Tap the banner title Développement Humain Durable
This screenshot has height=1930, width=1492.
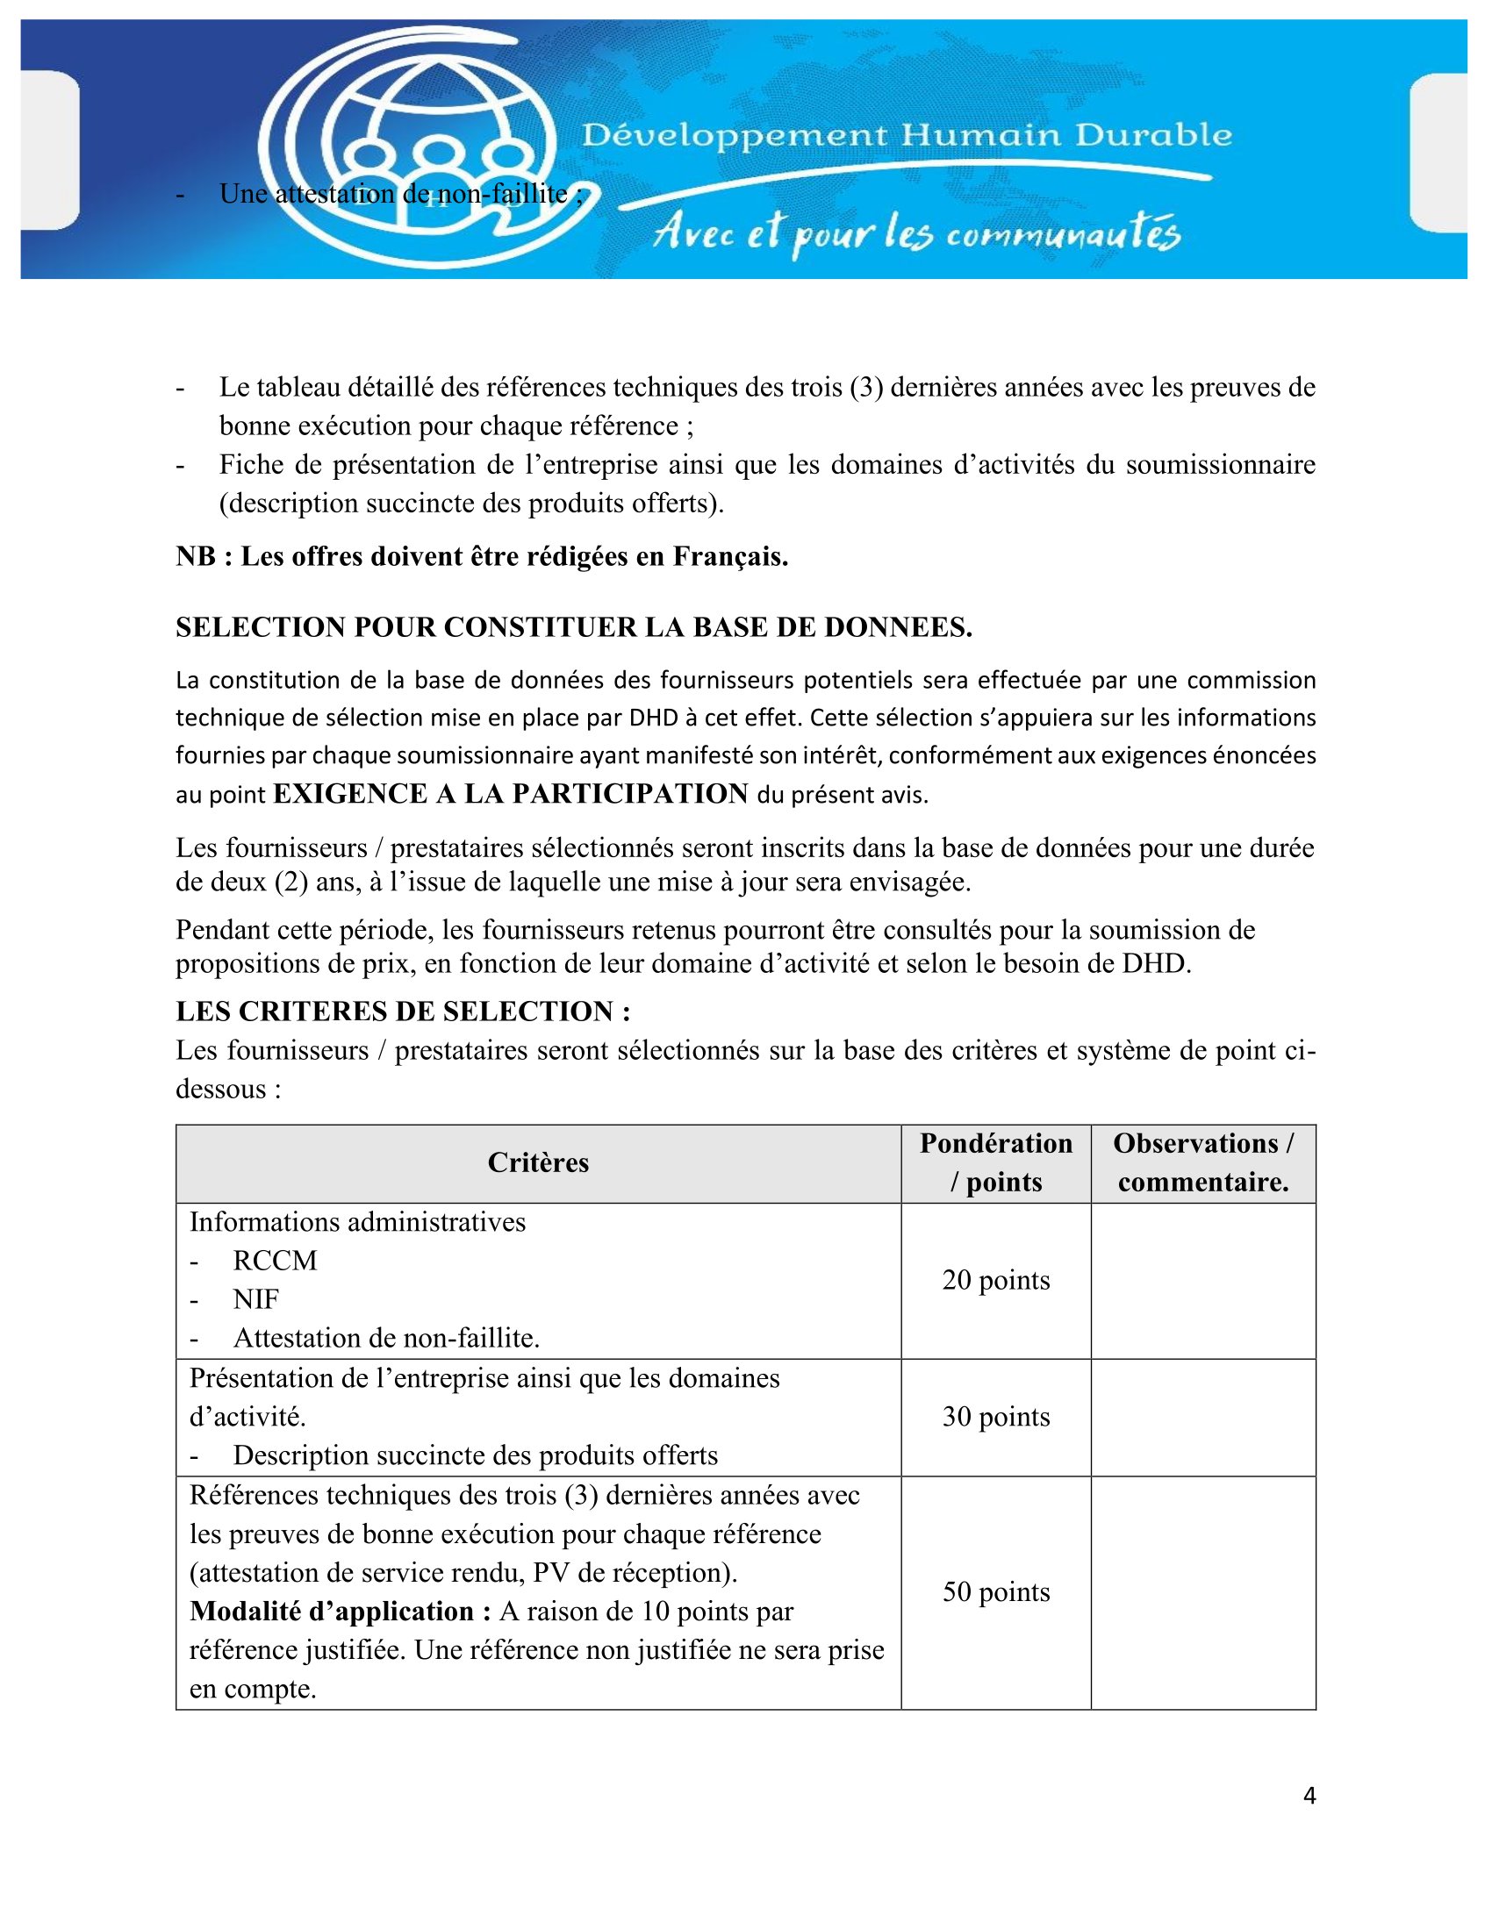(906, 135)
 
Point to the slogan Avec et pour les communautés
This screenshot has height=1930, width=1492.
(915, 234)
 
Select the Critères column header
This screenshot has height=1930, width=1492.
(537, 1163)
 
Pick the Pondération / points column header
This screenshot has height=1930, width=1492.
(995, 1163)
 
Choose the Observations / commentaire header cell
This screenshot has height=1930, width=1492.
(1202, 1163)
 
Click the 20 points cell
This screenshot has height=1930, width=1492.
(995, 1281)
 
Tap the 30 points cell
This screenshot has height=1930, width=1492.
(995, 1417)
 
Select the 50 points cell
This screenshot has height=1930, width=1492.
(995, 1591)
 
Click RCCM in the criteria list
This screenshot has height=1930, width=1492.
(274, 1261)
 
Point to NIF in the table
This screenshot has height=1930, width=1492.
(255, 1300)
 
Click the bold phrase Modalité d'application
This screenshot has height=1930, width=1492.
(341, 1611)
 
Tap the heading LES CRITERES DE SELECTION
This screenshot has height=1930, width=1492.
(403, 1011)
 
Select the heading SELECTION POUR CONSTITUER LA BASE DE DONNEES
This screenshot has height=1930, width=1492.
(574, 627)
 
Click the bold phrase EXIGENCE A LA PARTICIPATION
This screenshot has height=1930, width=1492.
(510, 794)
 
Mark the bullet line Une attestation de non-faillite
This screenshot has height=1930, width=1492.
(399, 194)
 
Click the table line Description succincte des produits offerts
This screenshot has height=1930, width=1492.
(475, 1455)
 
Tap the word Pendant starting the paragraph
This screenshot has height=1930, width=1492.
(226, 930)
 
